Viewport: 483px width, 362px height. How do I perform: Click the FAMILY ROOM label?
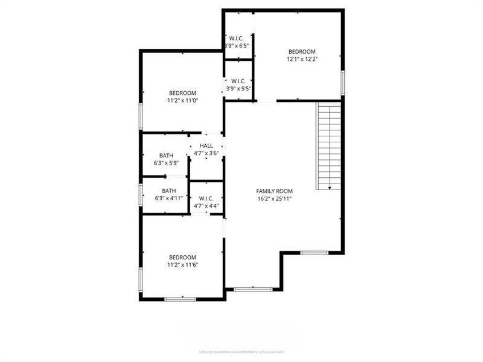[274, 191]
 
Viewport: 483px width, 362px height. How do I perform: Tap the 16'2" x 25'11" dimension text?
[274, 198]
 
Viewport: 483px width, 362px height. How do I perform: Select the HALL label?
[206, 145]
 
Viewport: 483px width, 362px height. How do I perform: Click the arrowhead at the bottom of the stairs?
[330, 188]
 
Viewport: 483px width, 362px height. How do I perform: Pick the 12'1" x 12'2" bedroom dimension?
[302, 59]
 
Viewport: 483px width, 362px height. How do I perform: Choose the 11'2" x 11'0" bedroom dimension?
[182, 101]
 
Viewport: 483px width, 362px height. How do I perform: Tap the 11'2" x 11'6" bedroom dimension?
[182, 264]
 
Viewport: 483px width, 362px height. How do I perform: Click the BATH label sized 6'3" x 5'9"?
[167, 156]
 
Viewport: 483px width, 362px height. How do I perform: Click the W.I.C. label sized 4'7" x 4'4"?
[206, 198]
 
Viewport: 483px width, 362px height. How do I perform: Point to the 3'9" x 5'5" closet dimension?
[238, 89]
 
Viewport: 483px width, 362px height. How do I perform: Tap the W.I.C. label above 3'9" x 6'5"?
[236, 39]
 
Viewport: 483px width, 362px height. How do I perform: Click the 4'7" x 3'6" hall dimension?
[206, 153]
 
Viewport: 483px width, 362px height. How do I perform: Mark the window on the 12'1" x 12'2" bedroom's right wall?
[342, 83]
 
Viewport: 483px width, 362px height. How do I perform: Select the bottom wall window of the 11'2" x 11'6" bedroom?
[180, 299]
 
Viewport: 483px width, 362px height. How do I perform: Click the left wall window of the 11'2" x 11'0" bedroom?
[141, 116]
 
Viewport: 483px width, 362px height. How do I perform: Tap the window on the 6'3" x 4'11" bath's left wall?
[141, 195]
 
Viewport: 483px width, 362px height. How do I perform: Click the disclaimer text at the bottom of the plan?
[241, 352]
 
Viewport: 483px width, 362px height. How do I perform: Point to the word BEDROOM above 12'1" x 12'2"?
[302, 51]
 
